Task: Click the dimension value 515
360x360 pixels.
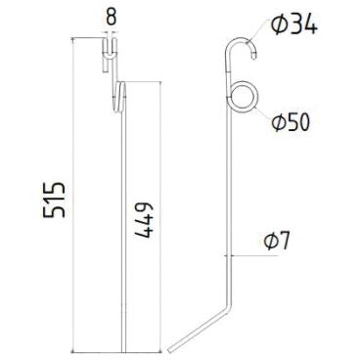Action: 55,201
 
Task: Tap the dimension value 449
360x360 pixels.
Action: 143,220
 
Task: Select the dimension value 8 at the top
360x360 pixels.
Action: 112,18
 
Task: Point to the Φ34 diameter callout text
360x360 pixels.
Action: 294,25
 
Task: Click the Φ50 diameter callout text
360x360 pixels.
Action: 291,122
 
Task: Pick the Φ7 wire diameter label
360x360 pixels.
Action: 277,241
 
